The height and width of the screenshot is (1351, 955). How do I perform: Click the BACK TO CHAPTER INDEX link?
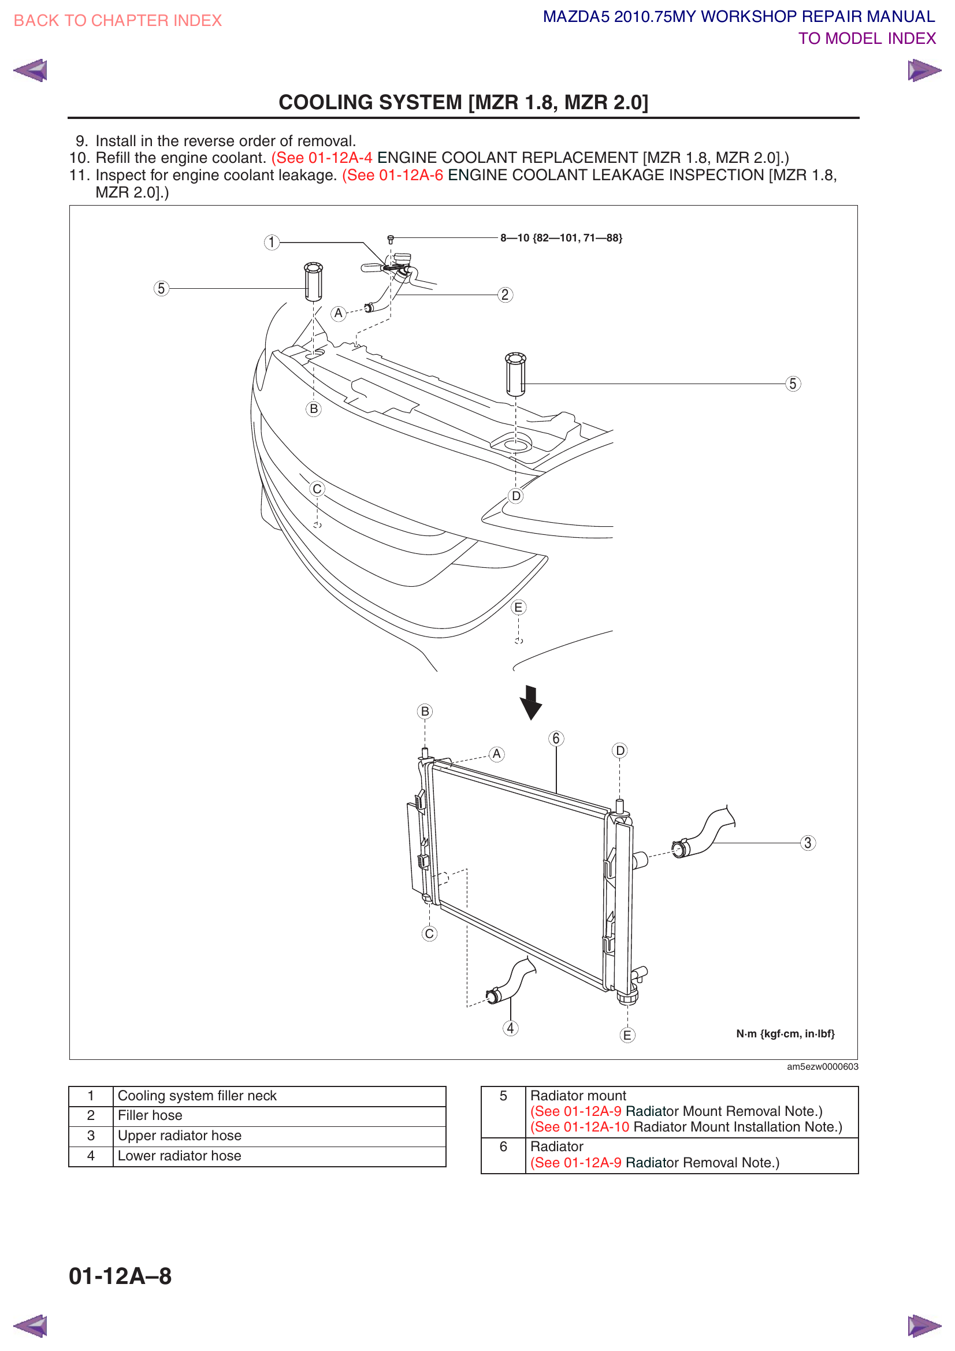click(117, 21)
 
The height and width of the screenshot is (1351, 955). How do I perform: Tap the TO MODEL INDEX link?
click(866, 39)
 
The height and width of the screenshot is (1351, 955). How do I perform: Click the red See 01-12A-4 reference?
click(322, 158)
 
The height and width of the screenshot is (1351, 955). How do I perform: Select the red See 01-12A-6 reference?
click(392, 176)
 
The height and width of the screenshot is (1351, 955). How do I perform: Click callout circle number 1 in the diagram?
click(272, 243)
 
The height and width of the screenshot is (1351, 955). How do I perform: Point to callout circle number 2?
click(505, 295)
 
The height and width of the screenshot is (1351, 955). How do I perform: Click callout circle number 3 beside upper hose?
click(807, 843)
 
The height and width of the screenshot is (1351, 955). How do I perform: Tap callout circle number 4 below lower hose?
click(510, 1028)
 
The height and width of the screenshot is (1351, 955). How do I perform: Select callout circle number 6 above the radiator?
click(556, 739)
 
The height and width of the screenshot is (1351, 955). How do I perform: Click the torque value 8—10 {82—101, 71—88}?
click(561, 239)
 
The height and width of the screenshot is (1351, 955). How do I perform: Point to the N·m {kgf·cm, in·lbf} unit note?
click(785, 1034)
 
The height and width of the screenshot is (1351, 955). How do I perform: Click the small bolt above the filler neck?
click(390, 240)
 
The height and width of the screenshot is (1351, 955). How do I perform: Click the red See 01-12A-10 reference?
click(579, 1127)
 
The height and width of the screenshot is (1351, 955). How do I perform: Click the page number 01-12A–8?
click(120, 1276)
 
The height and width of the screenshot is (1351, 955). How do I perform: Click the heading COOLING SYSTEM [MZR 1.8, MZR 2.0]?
click(463, 102)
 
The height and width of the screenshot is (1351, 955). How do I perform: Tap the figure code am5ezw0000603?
click(822, 1067)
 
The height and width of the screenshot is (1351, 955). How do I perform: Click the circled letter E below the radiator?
click(627, 1035)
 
